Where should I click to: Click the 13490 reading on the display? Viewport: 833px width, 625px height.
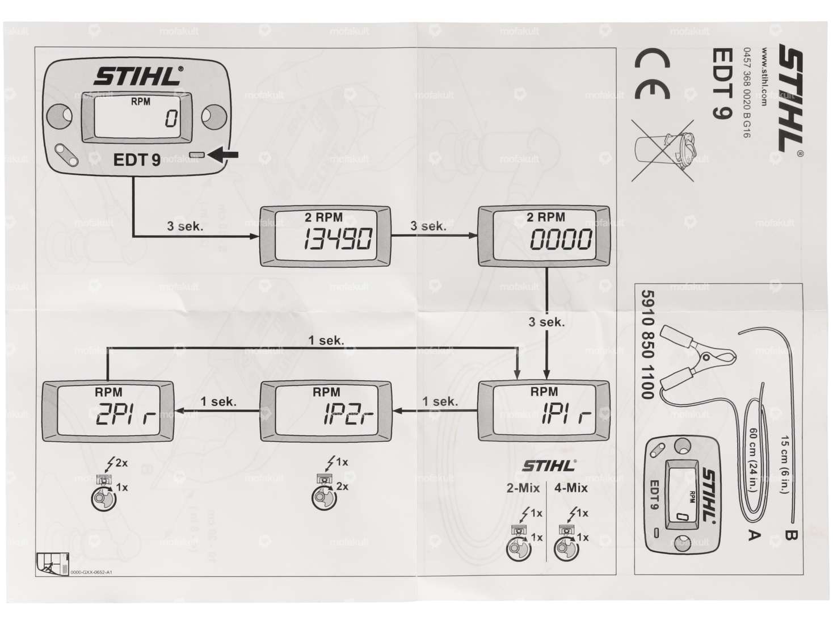click(x=338, y=239)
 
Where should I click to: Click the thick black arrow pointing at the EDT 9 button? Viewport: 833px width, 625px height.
click(x=224, y=154)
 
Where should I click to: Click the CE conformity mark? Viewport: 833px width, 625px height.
click(x=653, y=74)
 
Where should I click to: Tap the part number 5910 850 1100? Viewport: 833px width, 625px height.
click(x=647, y=344)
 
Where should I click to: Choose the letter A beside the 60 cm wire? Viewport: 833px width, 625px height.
click(x=753, y=534)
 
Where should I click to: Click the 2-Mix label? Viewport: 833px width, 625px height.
click(x=523, y=488)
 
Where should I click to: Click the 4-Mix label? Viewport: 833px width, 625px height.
click(x=571, y=488)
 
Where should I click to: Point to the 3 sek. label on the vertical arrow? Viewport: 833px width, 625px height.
click(x=546, y=322)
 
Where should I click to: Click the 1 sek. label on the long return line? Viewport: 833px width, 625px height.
click(x=326, y=340)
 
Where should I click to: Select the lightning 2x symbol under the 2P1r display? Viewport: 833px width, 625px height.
click(x=116, y=463)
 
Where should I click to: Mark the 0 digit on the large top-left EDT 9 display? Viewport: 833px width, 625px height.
click(x=171, y=119)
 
